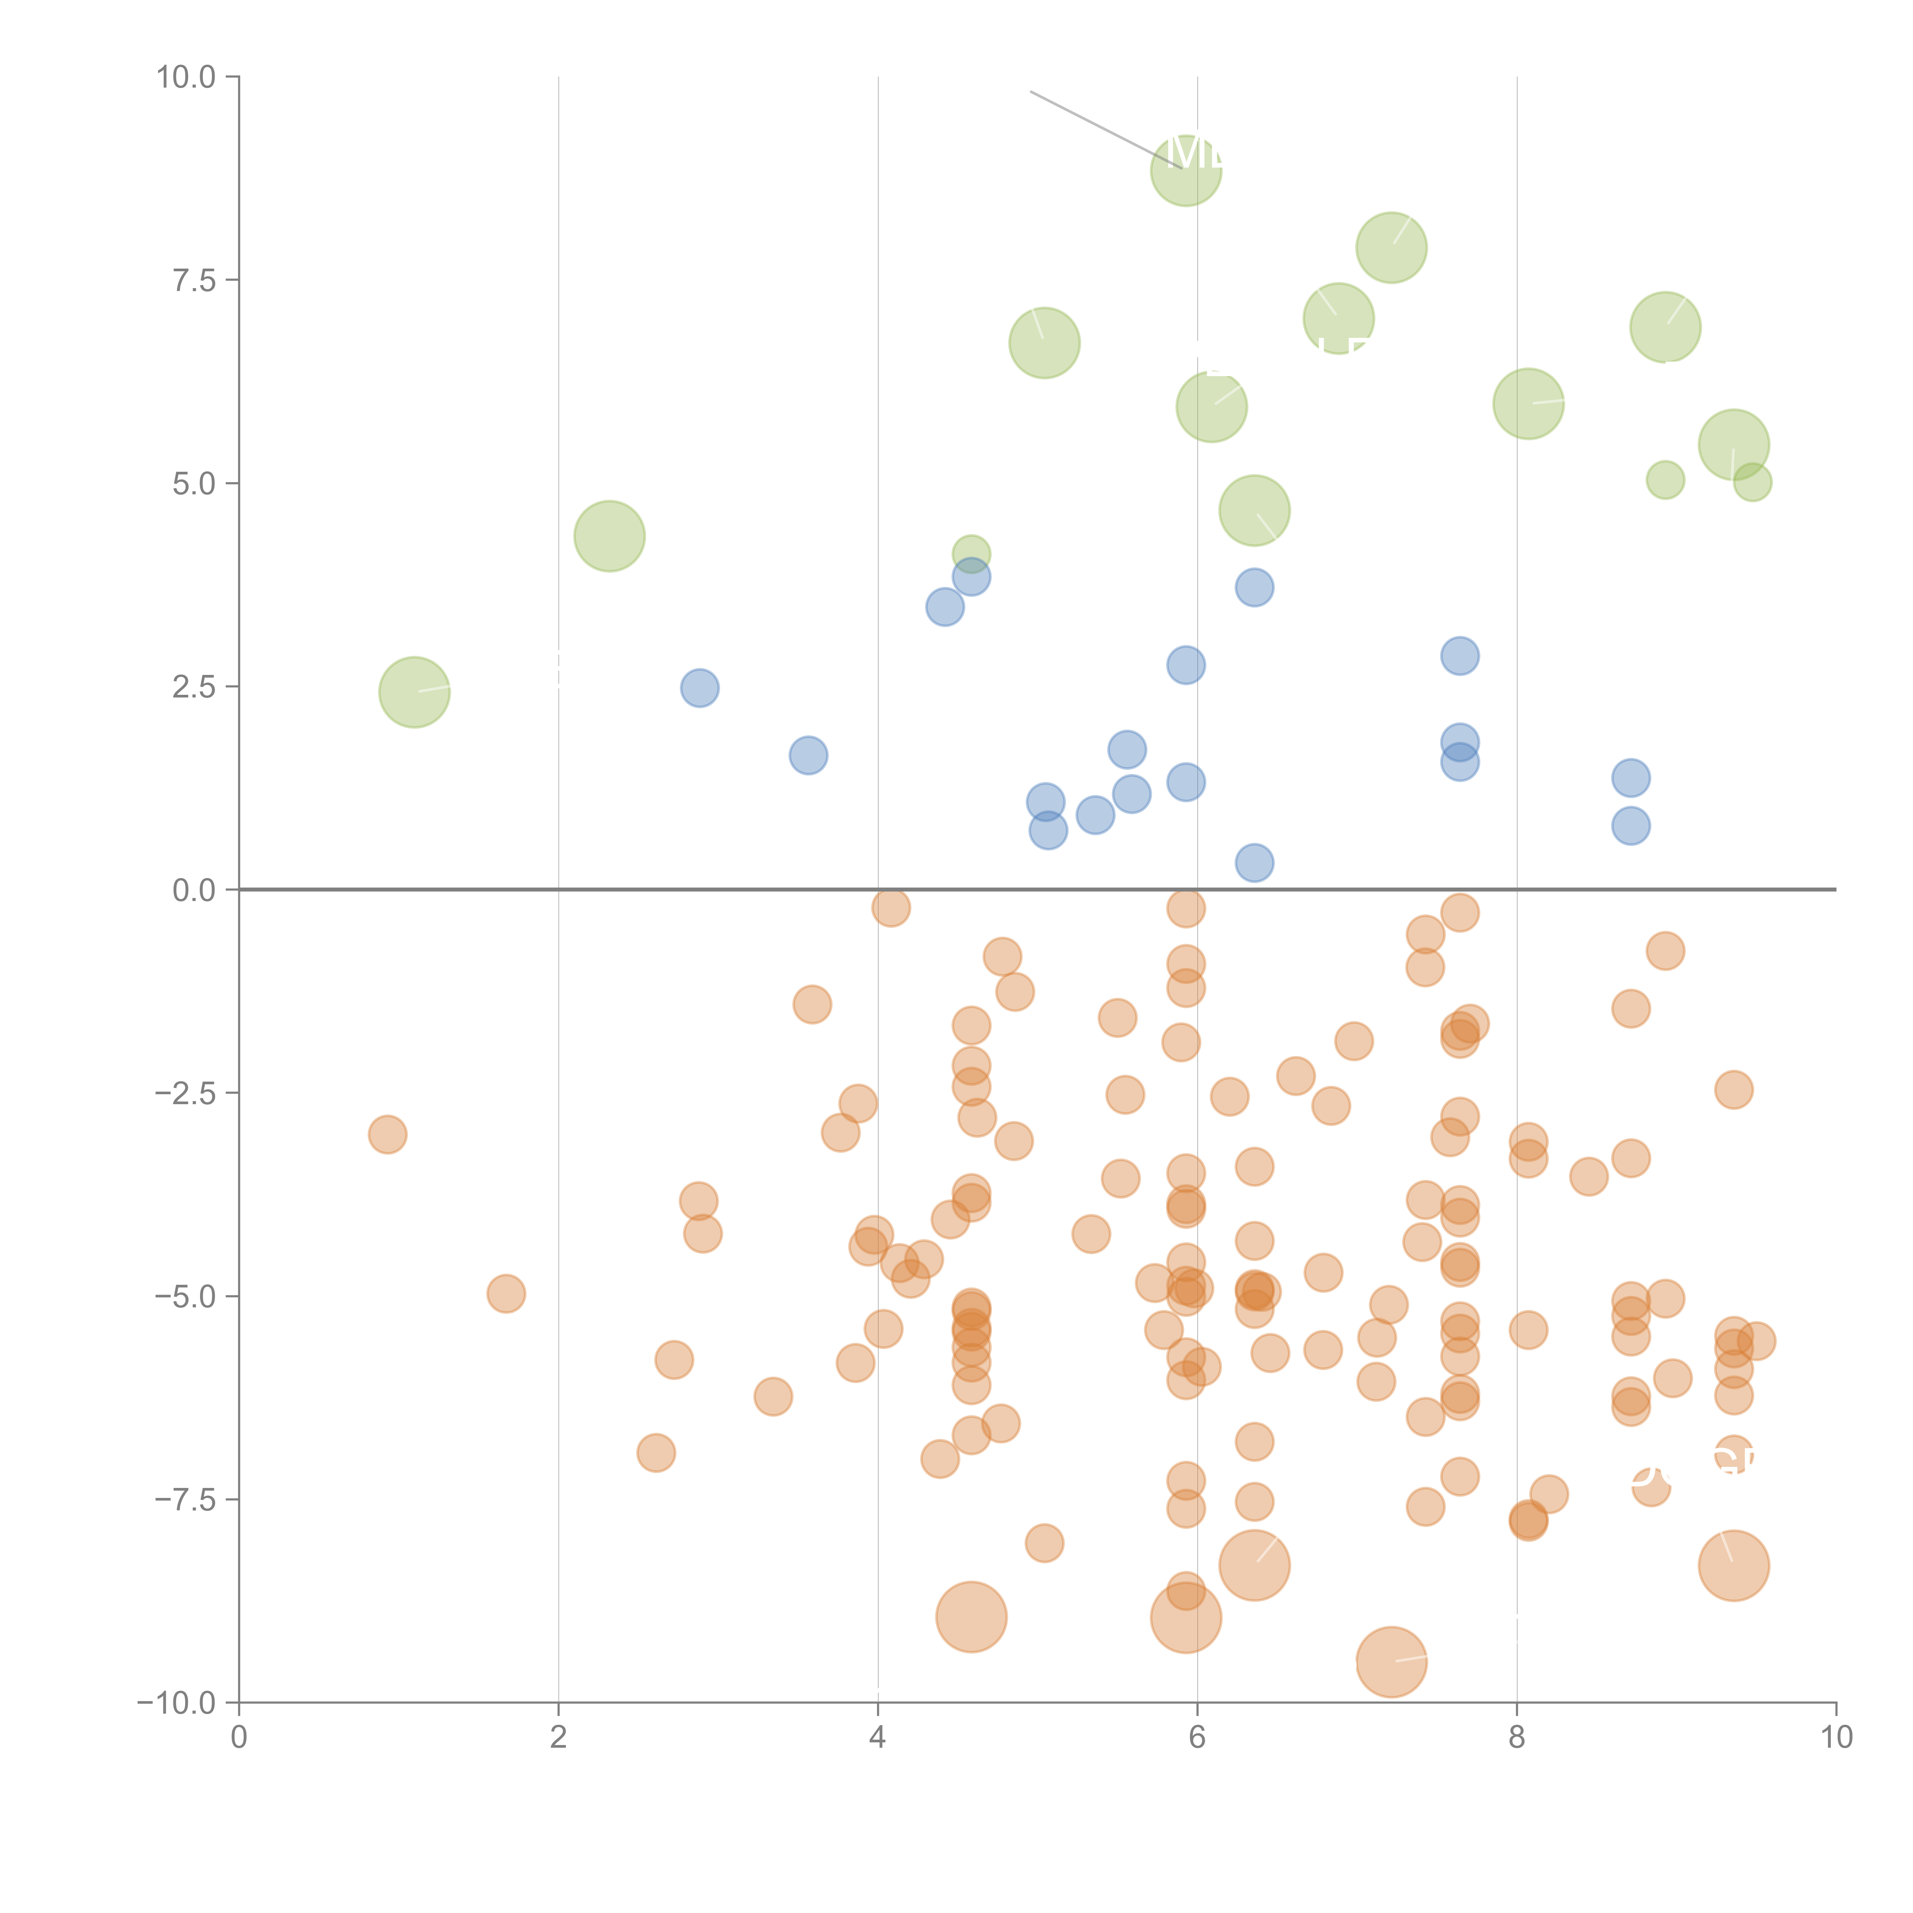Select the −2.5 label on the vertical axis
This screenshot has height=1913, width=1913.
[x=185, y=1093]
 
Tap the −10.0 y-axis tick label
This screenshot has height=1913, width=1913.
[x=176, y=1703]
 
